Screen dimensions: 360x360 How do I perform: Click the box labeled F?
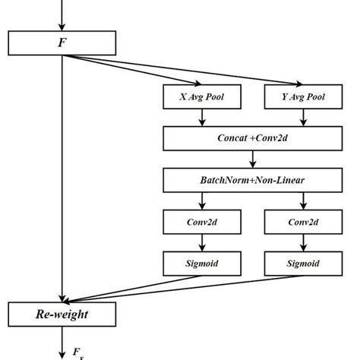[x=62, y=42]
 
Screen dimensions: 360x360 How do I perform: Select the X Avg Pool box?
[x=201, y=96]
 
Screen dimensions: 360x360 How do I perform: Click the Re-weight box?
[x=62, y=313]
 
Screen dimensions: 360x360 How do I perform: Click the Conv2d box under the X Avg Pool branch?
[x=201, y=222]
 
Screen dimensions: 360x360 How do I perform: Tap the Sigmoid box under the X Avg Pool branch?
[x=201, y=264]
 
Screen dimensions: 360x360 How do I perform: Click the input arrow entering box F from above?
[x=62, y=15]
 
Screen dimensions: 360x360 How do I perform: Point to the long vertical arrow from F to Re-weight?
[x=62, y=175]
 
